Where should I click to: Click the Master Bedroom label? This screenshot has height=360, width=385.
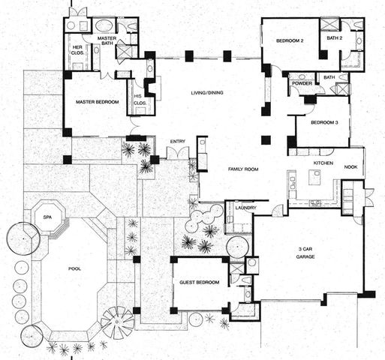point(96,102)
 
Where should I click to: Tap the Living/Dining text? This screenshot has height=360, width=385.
point(209,92)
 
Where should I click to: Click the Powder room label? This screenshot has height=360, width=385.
point(302,83)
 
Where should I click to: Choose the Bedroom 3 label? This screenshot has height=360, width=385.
point(324,121)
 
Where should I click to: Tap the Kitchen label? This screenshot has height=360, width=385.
point(323,162)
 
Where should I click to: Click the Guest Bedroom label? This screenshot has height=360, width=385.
point(200,283)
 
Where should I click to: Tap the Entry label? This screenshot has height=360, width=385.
point(178,141)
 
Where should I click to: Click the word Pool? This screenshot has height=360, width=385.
point(74,268)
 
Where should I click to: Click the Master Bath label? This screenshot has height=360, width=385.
point(106,41)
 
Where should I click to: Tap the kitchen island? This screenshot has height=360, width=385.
point(314,180)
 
